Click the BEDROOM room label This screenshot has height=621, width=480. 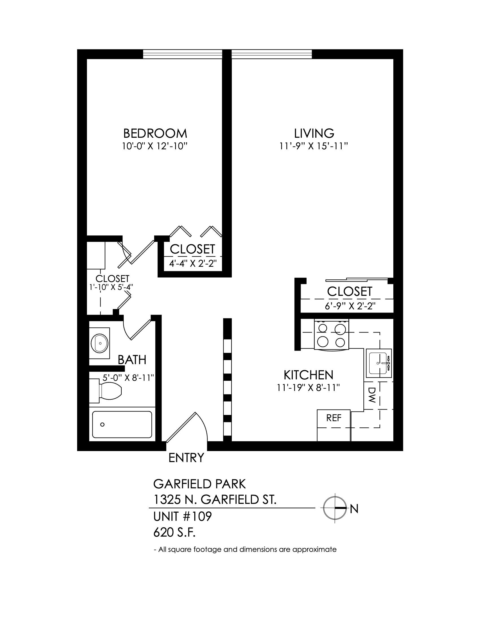155,133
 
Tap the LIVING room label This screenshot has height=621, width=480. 314,133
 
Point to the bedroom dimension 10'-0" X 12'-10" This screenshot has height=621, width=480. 155,146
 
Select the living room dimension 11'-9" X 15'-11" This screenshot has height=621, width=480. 314,146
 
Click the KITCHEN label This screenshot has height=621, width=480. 308,375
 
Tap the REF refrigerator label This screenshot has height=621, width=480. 334,418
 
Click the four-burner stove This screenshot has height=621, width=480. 331,334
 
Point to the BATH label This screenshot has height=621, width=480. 132,360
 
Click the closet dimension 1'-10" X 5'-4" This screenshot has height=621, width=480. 112,287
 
